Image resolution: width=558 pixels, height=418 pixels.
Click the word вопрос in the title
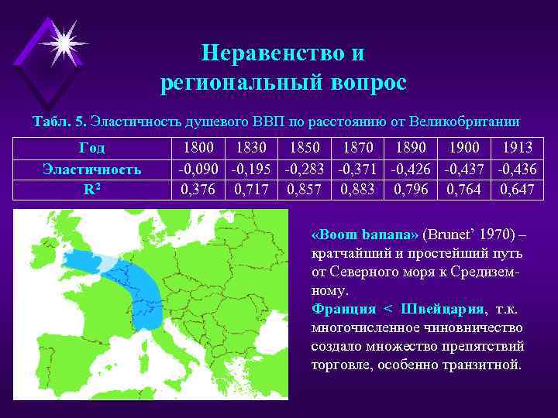363,84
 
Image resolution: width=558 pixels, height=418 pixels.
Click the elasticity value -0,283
305,168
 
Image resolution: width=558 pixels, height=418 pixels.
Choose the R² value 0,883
356,188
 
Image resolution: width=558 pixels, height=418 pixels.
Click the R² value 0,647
518,188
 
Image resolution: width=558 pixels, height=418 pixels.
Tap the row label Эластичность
92,168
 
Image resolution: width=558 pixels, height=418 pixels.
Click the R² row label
92,188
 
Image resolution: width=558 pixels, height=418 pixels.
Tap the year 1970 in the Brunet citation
491,235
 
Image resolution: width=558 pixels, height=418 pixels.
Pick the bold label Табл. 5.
59,122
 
